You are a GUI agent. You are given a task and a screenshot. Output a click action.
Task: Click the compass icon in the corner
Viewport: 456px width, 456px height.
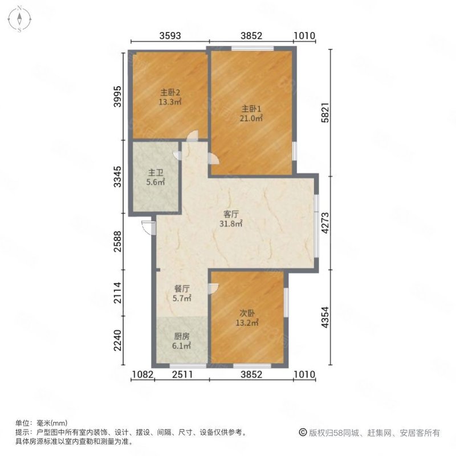point(19,19)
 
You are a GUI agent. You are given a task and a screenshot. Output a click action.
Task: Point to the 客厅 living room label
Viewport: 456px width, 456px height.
point(231,214)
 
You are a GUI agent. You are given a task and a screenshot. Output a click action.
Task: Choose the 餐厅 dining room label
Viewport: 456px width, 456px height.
point(182,288)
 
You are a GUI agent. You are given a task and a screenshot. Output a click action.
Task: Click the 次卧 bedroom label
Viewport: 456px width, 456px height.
point(247,312)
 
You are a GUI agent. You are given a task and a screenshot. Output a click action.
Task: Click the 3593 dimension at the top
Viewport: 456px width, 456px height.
point(170,36)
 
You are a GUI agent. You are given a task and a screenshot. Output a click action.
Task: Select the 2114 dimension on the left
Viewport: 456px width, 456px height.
point(117,295)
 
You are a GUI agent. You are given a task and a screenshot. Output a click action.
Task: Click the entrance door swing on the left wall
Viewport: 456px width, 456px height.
point(148,226)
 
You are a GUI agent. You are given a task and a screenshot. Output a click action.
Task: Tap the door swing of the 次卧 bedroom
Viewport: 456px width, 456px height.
point(212,288)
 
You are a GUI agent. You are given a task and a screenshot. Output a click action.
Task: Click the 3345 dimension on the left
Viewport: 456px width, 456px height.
point(117,177)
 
